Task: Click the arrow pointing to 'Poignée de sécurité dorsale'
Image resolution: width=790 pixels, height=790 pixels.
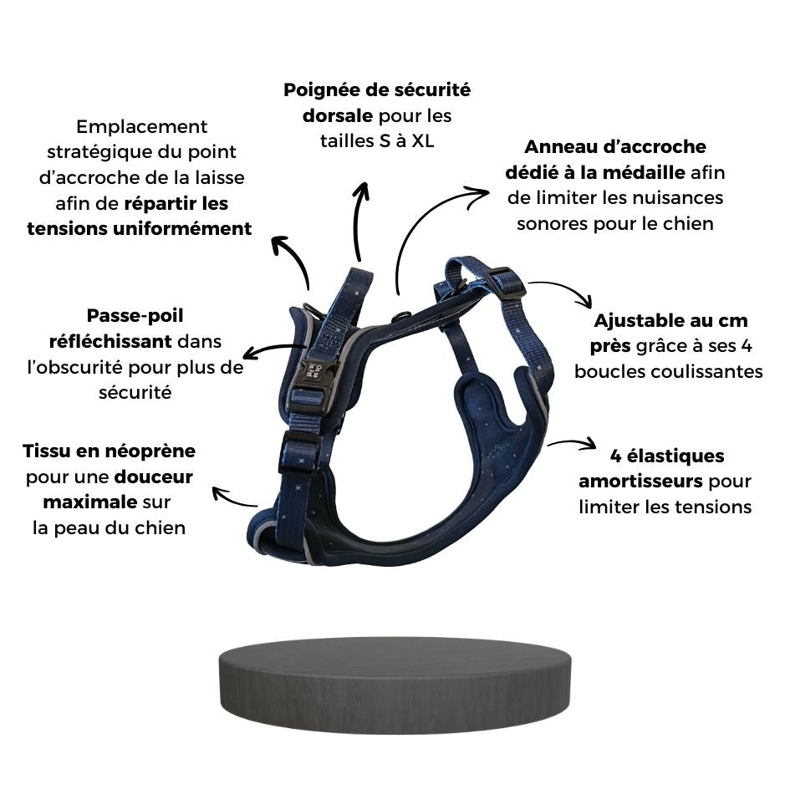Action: click(x=360, y=221)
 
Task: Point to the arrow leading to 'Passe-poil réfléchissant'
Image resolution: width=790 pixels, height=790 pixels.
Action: click(x=273, y=349)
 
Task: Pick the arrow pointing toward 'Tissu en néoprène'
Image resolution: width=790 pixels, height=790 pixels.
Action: click(x=234, y=498)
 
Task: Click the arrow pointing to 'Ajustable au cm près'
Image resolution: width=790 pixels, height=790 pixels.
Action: click(x=562, y=291)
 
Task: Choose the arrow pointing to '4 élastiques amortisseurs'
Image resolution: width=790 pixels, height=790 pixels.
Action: click(x=571, y=443)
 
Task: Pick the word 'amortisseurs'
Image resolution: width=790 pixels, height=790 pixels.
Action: click(x=640, y=482)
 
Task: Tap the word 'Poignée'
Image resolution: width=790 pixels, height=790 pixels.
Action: click(x=318, y=89)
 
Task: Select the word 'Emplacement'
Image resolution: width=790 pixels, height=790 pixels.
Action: click(x=141, y=126)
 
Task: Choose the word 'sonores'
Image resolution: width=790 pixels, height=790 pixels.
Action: click(x=551, y=223)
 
